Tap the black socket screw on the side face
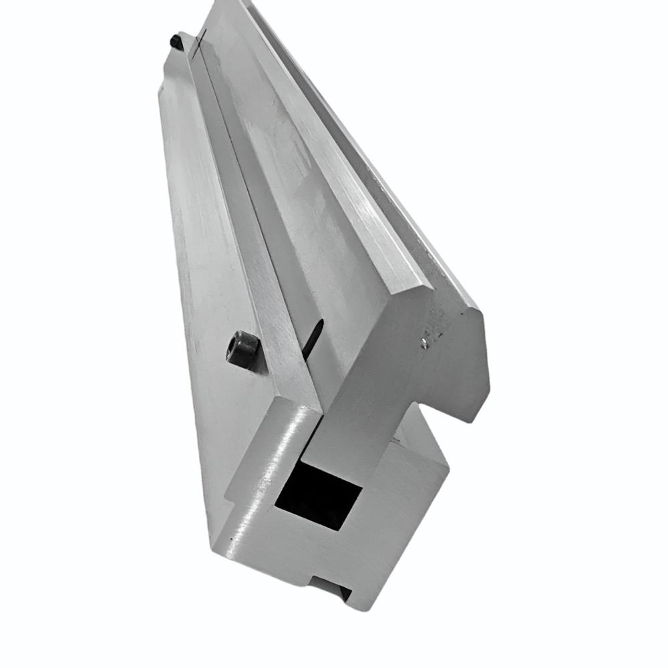click(244, 348)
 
